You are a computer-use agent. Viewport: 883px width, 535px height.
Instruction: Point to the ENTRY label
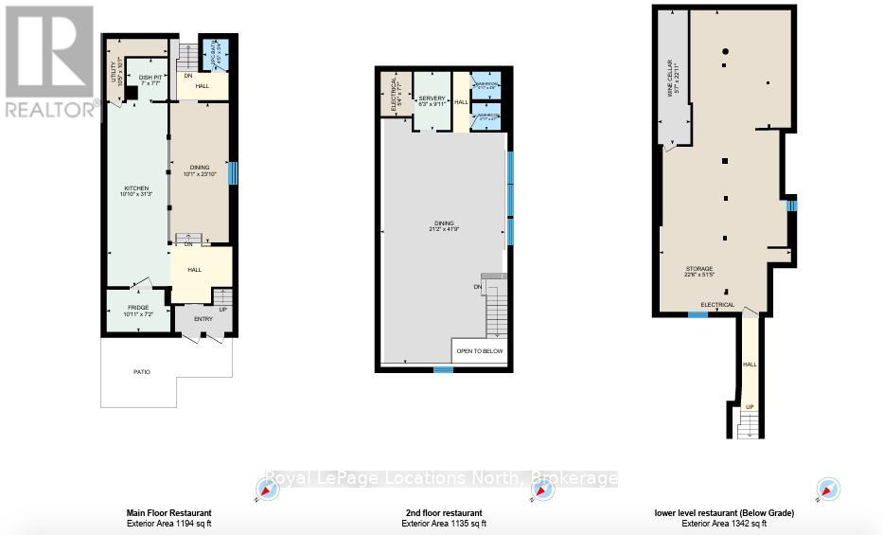[x=203, y=319]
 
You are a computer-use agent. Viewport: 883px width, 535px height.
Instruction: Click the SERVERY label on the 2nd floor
[x=433, y=98]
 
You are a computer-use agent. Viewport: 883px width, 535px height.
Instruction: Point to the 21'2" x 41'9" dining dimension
[x=443, y=229]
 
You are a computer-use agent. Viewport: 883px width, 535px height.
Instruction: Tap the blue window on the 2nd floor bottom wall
[x=443, y=370]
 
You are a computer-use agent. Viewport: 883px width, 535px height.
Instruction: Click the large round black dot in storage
[x=724, y=51]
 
